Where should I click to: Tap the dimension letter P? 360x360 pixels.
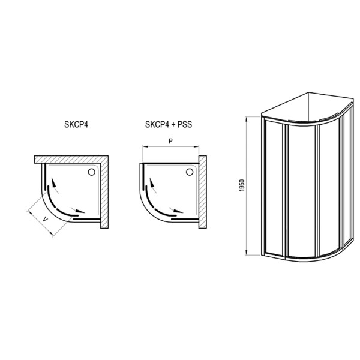pyautogui.click(x=170, y=142)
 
